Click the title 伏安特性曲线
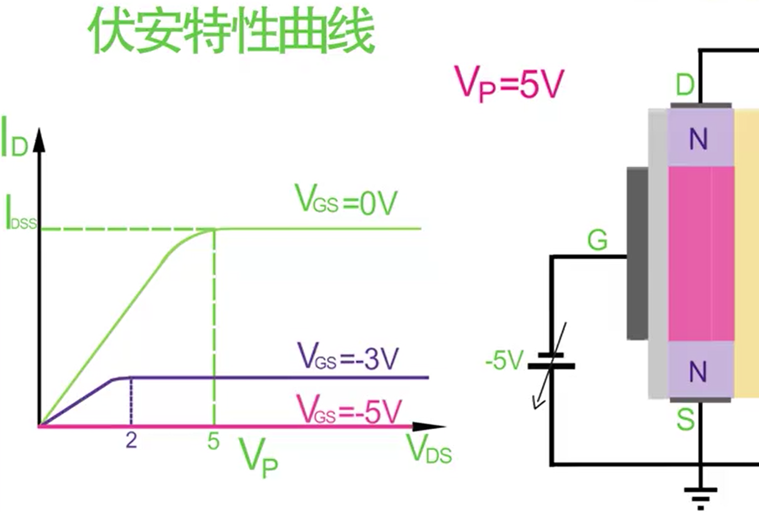(232, 32)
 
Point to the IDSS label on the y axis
(20, 214)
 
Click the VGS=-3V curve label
(347, 357)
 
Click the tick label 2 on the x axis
(131, 440)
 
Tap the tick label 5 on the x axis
(214, 441)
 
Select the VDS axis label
(429, 449)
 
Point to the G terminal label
(597, 240)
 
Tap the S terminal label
(685, 420)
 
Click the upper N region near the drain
(698, 139)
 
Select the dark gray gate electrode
(637, 254)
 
